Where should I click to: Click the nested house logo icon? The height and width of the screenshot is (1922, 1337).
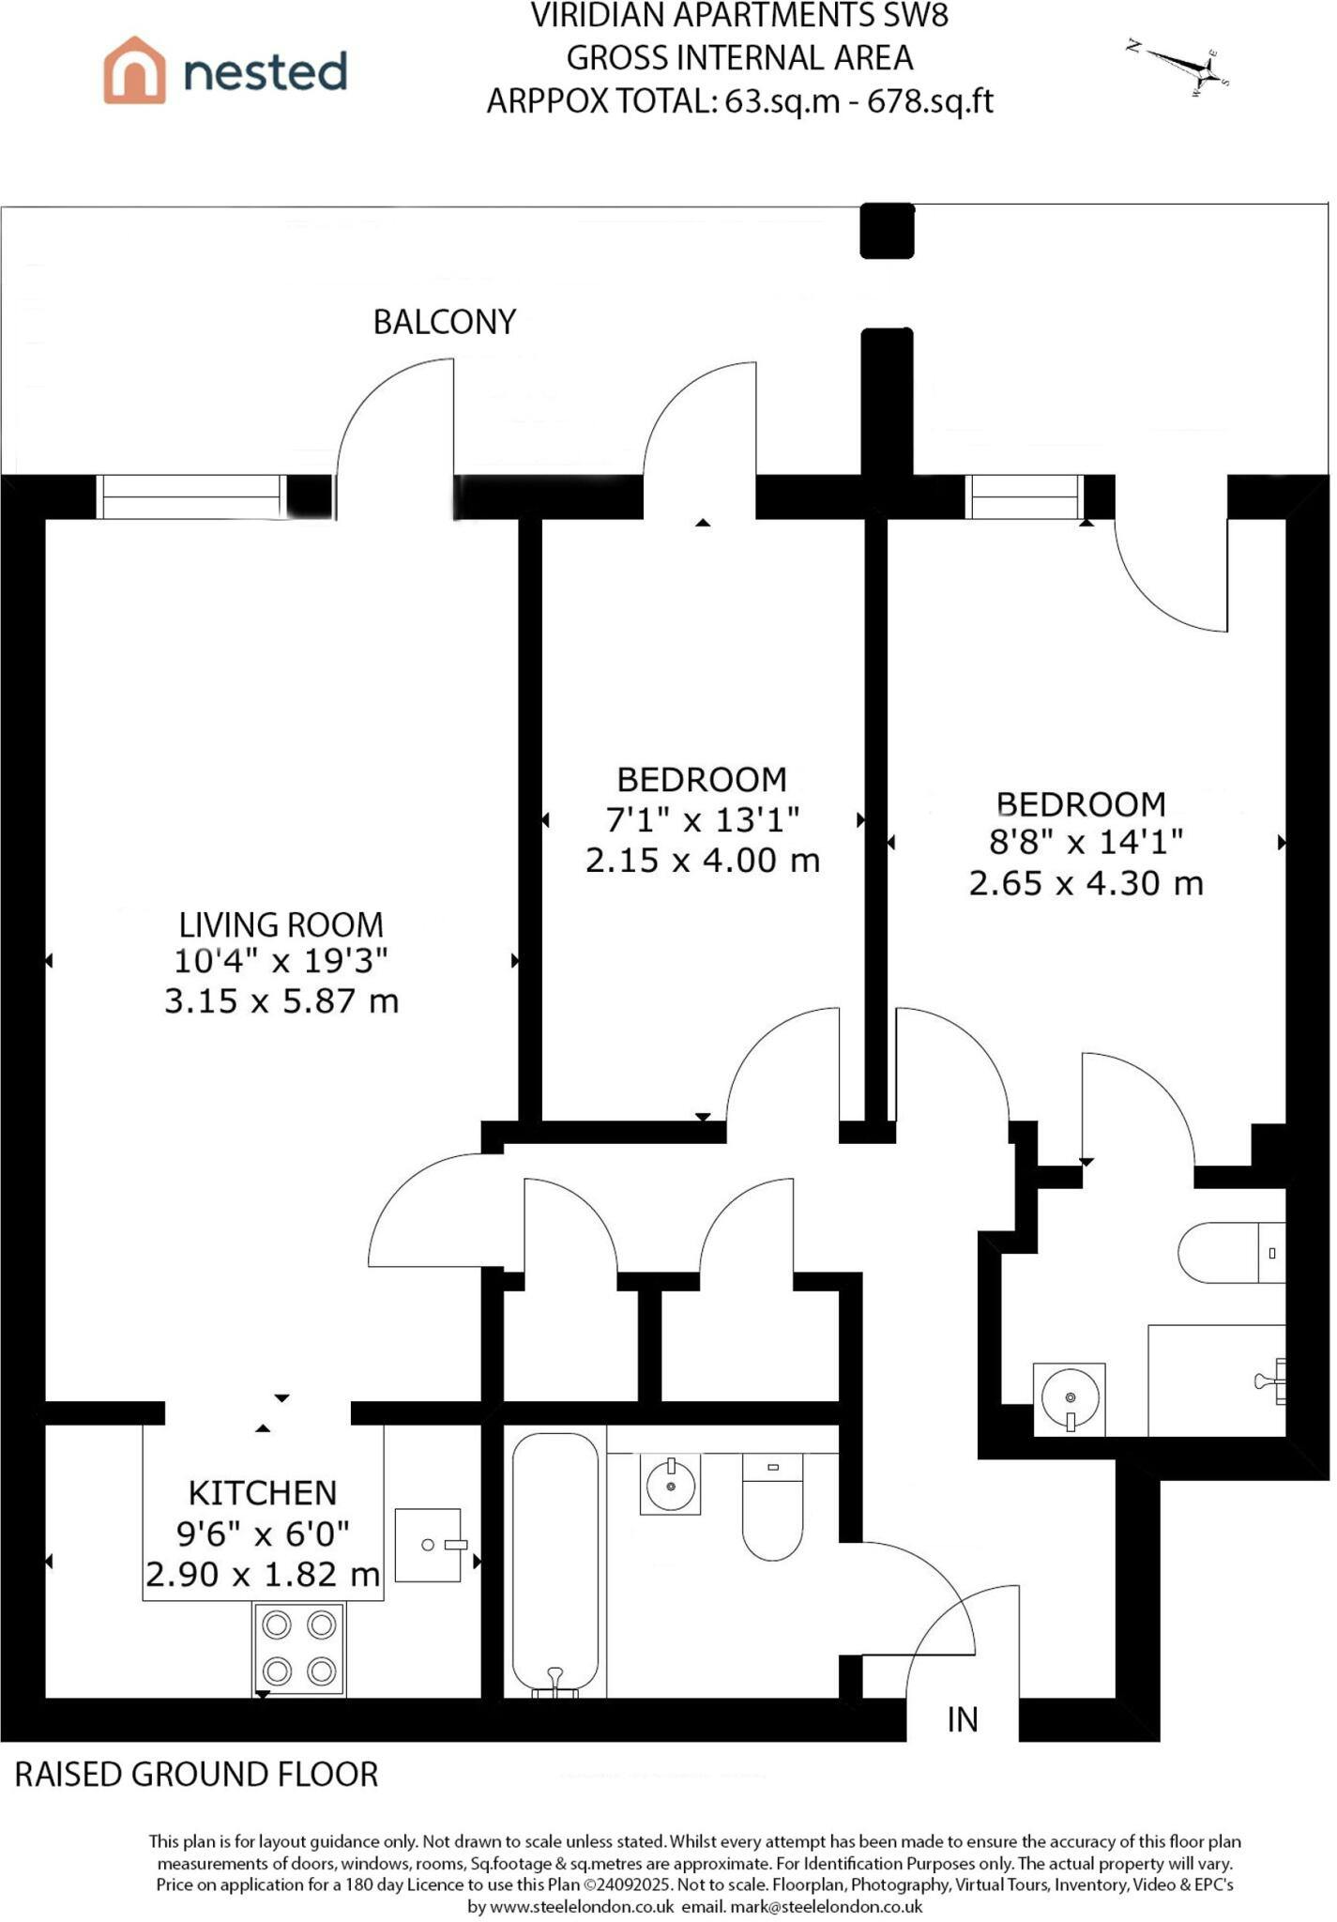pos(134,69)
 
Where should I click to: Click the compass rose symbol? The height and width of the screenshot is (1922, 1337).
pos(1180,69)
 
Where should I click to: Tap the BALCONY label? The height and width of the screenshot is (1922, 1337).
pos(445,322)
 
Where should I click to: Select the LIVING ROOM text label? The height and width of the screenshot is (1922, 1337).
pos(281,924)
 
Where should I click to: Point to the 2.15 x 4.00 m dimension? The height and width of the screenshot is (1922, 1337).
pos(703,860)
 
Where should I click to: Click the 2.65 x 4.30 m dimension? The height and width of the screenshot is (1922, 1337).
pos(1086,883)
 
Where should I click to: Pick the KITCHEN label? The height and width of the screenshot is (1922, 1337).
pos(263,1492)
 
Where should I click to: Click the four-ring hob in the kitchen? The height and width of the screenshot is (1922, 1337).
pos(299,1649)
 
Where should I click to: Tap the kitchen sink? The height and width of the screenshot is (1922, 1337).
pos(429,1545)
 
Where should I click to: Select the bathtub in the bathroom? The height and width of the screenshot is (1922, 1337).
pos(555,1564)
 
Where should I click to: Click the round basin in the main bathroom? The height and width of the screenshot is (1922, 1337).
pos(670,1484)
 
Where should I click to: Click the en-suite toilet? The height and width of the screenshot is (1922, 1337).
pos(1232,1253)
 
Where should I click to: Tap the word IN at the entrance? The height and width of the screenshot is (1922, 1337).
pos(963,1719)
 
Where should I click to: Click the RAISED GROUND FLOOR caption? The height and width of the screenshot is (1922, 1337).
pos(197,1775)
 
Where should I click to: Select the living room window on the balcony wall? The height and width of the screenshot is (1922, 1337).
pos(192,496)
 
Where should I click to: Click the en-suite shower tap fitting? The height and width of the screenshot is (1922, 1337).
pos(1271,1381)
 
